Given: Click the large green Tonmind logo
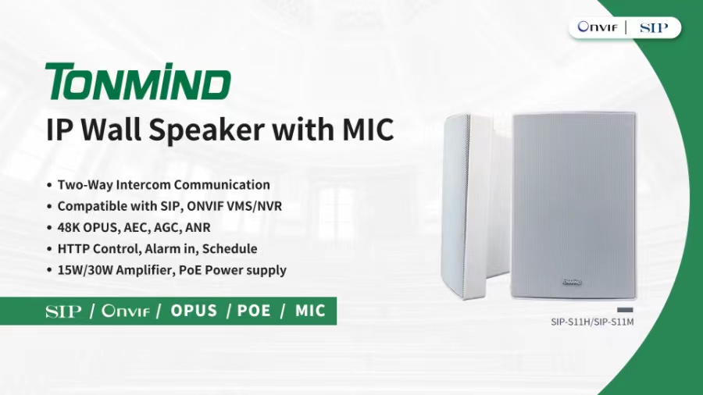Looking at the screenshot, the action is [x=138, y=81].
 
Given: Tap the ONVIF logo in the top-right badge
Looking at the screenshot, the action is [x=598, y=27].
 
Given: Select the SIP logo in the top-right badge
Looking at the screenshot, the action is [x=654, y=28].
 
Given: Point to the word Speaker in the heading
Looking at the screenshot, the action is [x=206, y=130].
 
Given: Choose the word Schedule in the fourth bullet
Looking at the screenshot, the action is [x=230, y=248].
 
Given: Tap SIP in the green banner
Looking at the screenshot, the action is [x=63, y=311].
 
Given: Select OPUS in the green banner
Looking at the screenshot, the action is [x=194, y=311].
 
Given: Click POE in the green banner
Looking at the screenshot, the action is [x=254, y=311].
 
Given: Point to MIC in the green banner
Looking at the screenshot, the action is [x=310, y=311].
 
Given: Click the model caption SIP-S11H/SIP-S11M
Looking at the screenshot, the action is [x=592, y=322].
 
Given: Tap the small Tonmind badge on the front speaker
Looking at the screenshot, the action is [x=572, y=282].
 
